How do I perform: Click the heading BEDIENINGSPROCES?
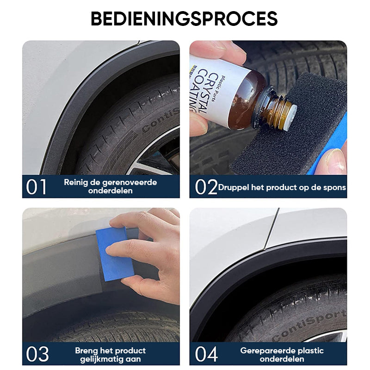click(x=184, y=18)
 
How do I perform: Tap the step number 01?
click(x=37, y=187)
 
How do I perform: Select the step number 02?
click(x=206, y=187)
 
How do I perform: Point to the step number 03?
click(x=37, y=354)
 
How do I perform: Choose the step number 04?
click(x=206, y=354)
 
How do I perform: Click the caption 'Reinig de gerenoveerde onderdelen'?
click(x=110, y=186)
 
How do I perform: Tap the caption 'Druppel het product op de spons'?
click(x=282, y=187)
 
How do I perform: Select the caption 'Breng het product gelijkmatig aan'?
click(x=110, y=354)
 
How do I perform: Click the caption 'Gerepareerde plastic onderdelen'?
click(x=282, y=354)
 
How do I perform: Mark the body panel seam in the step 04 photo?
click(x=271, y=227)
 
